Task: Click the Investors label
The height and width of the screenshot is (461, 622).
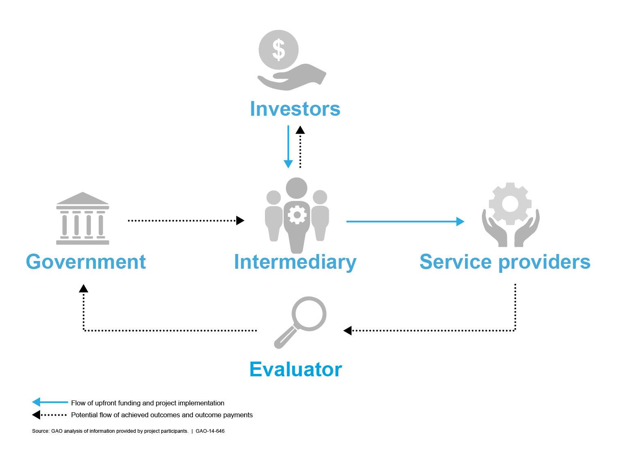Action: [295, 109]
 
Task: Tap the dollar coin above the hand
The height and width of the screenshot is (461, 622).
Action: [278, 50]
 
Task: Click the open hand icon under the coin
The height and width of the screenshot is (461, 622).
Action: [292, 77]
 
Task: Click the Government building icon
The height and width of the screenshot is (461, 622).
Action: [83, 218]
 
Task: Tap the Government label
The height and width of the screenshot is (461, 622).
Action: [86, 262]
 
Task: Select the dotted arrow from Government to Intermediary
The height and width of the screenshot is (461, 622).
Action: [186, 220]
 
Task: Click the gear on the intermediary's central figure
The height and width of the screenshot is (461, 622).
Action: [297, 215]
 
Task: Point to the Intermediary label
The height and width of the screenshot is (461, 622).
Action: [295, 262]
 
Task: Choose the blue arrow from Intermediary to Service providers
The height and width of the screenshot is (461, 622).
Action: [405, 221]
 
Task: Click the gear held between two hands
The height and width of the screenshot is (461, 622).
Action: [510, 203]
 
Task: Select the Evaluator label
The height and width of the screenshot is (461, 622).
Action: [296, 369]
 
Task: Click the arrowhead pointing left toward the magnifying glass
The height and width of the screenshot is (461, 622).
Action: [348, 331]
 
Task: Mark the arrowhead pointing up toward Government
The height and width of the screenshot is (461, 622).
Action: [84, 288]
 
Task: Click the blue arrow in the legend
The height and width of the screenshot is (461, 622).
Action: [50, 403]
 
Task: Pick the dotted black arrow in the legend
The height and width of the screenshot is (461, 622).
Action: [50, 415]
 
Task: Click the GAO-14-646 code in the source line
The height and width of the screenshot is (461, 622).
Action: [210, 431]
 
